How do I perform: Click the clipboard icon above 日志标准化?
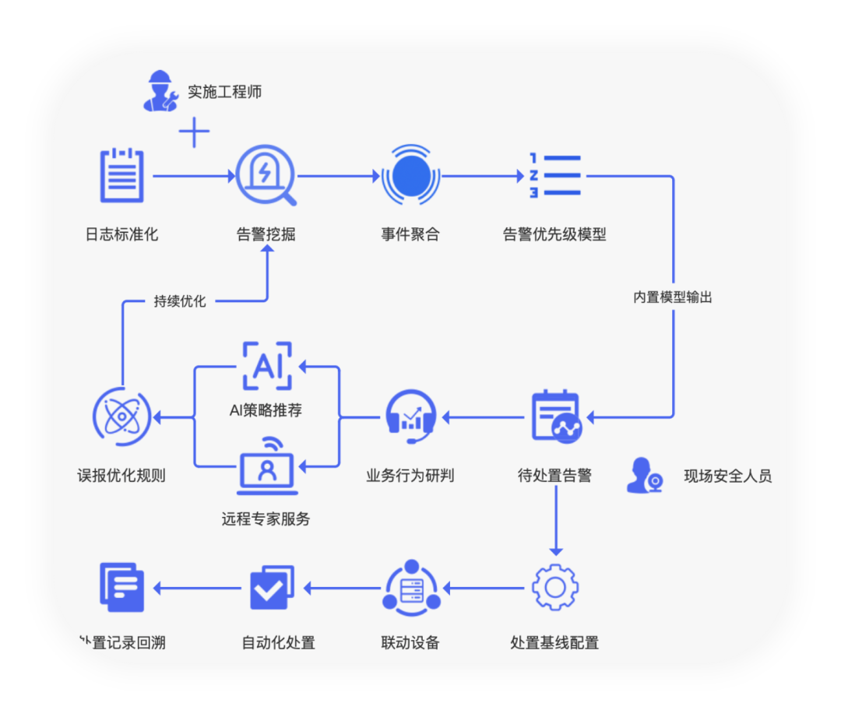(x=122, y=175)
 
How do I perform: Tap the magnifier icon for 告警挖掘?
(x=266, y=175)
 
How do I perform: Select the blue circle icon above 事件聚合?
(x=410, y=176)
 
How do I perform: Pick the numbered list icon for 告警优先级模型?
(x=555, y=176)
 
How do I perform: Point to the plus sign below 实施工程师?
(x=194, y=133)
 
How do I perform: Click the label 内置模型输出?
(x=673, y=297)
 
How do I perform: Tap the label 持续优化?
(x=180, y=301)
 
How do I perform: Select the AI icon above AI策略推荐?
(x=266, y=365)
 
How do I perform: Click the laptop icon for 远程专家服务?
(x=266, y=466)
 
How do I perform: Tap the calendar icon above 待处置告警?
(x=555, y=416)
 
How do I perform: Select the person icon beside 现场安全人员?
(x=645, y=476)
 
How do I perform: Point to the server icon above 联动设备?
(x=411, y=587)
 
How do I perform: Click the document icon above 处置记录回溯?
(x=122, y=586)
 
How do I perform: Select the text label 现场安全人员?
(x=727, y=476)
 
